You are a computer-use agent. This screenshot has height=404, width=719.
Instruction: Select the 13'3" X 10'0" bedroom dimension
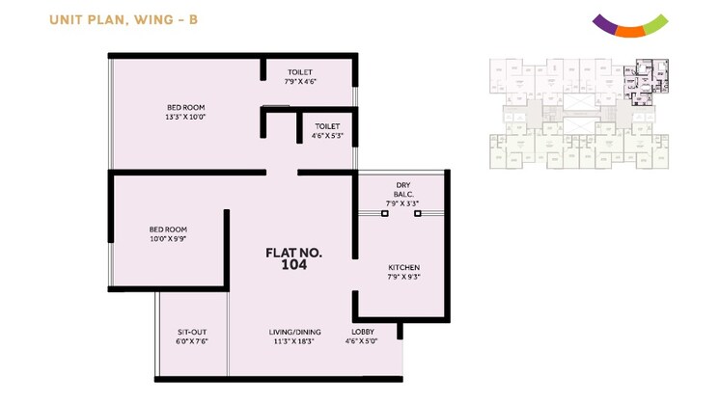[185, 117]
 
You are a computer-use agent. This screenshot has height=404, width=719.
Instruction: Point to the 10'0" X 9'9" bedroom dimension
[168, 238]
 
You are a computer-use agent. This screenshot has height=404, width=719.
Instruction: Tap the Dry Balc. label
[404, 189]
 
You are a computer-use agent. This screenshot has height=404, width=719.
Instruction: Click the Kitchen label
[404, 267]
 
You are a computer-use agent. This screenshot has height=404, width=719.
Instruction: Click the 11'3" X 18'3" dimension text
[294, 340]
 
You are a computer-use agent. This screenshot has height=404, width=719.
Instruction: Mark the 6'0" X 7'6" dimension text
[192, 340]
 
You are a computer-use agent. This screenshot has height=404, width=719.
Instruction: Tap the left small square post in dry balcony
[384, 214]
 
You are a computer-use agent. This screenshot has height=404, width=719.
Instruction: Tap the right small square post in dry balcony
[418, 214]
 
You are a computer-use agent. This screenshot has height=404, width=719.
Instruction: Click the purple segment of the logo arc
[603, 24]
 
